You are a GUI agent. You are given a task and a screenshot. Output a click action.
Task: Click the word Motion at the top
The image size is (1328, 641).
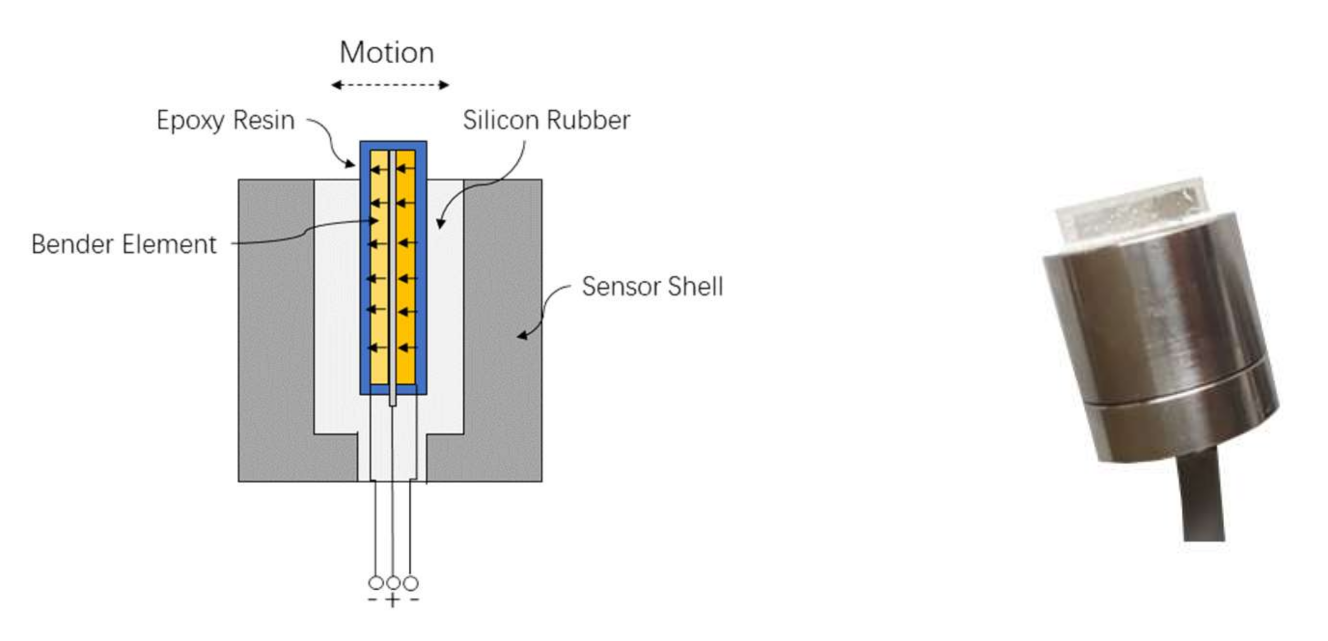tap(387, 53)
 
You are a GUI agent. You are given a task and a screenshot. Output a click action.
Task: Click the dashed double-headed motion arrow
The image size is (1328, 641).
tap(390, 85)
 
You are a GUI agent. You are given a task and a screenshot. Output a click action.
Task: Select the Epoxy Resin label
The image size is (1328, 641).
tap(225, 121)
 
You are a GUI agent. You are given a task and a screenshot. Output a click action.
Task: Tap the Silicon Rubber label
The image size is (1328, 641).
tap(546, 121)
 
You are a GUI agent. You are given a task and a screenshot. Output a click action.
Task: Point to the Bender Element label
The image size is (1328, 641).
tap(124, 244)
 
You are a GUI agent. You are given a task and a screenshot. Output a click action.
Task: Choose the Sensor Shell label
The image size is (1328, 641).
tap(652, 287)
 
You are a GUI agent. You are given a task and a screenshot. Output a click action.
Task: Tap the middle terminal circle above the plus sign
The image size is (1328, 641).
tap(393, 583)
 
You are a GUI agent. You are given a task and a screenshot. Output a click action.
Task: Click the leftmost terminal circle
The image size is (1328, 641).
tap(376, 583)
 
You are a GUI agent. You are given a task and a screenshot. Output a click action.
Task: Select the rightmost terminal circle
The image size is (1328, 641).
tap(411, 583)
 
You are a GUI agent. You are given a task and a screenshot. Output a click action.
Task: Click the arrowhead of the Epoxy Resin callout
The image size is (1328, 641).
tap(352, 165)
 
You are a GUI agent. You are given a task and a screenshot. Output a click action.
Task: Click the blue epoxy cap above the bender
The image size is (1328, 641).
tap(393, 145)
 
